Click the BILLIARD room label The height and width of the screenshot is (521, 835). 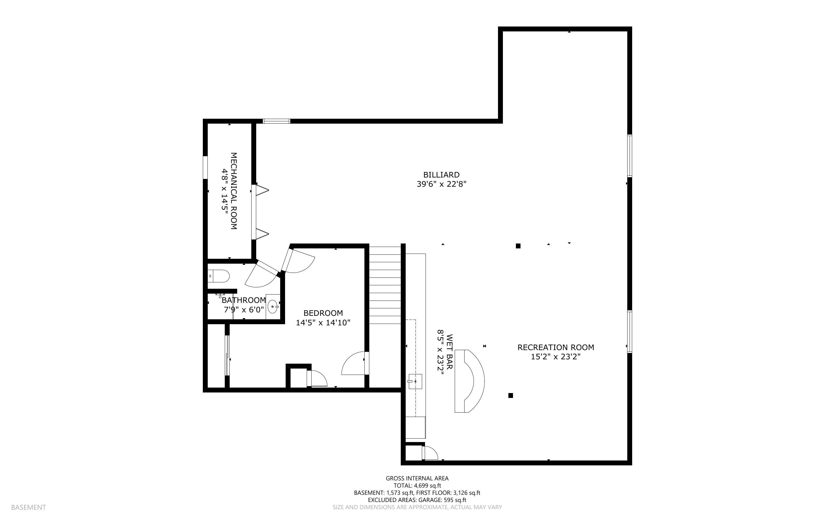pyautogui.click(x=441, y=175)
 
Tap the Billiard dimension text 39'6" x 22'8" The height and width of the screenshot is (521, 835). pyautogui.click(x=441, y=184)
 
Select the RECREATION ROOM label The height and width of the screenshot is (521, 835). pyautogui.click(x=556, y=347)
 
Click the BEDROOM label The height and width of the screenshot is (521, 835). pyautogui.click(x=323, y=313)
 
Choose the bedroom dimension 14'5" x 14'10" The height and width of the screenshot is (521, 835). pyautogui.click(x=323, y=322)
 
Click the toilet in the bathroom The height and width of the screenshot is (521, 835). pyautogui.click(x=219, y=276)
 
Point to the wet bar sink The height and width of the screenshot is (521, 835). pyautogui.click(x=415, y=382)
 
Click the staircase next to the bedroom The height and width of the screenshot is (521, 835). pyautogui.click(x=385, y=285)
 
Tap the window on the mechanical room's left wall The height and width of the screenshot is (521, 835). pyautogui.click(x=205, y=167)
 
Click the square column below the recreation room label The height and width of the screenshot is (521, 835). pyautogui.click(x=511, y=396)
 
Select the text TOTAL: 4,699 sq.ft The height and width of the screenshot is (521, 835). pyautogui.click(x=417, y=486)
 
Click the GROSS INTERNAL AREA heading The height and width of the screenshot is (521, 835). pyautogui.click(x=417, y=478)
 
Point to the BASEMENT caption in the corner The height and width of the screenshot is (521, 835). pyautogui.click(x=28, y=507)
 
